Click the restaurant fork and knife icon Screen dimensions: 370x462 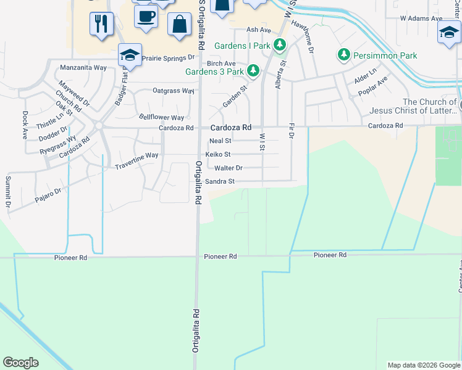point(102,24)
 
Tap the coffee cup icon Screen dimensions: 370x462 point(146,17)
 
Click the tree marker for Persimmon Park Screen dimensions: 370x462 point(344,55)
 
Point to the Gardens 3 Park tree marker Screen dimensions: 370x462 point(253,71)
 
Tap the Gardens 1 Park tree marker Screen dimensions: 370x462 point(280,45)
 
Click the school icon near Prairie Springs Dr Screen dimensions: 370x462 point(130,55)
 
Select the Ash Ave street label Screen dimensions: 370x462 point(259,30)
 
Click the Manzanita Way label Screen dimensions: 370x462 point(83,68)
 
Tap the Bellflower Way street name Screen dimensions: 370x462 point(161,117)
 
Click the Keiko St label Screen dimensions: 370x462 point(218,154)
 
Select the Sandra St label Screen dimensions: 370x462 point(220,181)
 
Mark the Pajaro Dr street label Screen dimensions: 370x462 point(48,192)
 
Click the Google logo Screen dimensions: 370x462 point(20,363)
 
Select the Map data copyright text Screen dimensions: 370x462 point(423,365)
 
